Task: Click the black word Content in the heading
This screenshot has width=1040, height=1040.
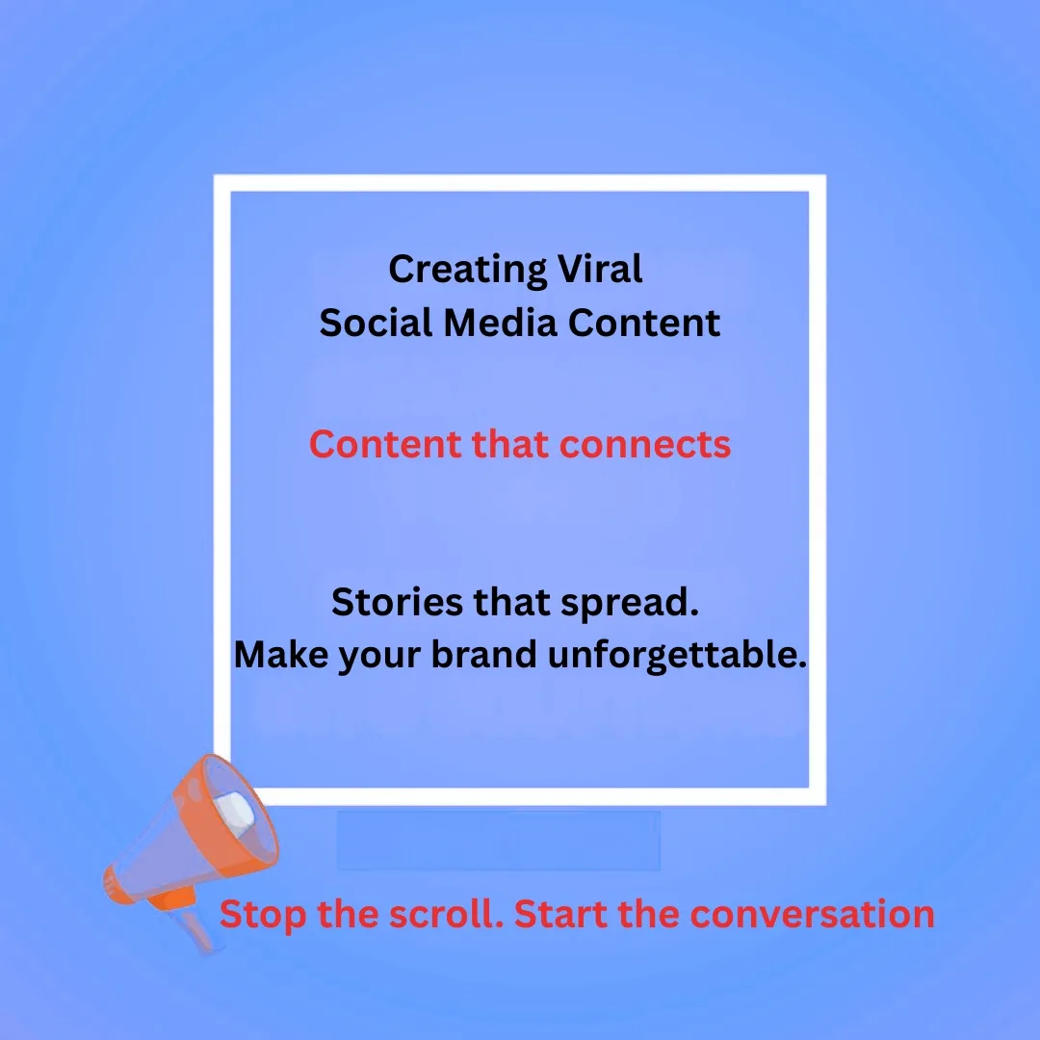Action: pyautogui.click(x=643, y=323)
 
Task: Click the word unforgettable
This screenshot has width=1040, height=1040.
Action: pyautogui.click(x=677, y=655)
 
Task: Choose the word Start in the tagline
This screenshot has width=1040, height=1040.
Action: pyautogui.click(x=561, y=914)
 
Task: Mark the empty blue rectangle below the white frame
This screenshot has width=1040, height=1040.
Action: pyautogui.click(x=498, y=840)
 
